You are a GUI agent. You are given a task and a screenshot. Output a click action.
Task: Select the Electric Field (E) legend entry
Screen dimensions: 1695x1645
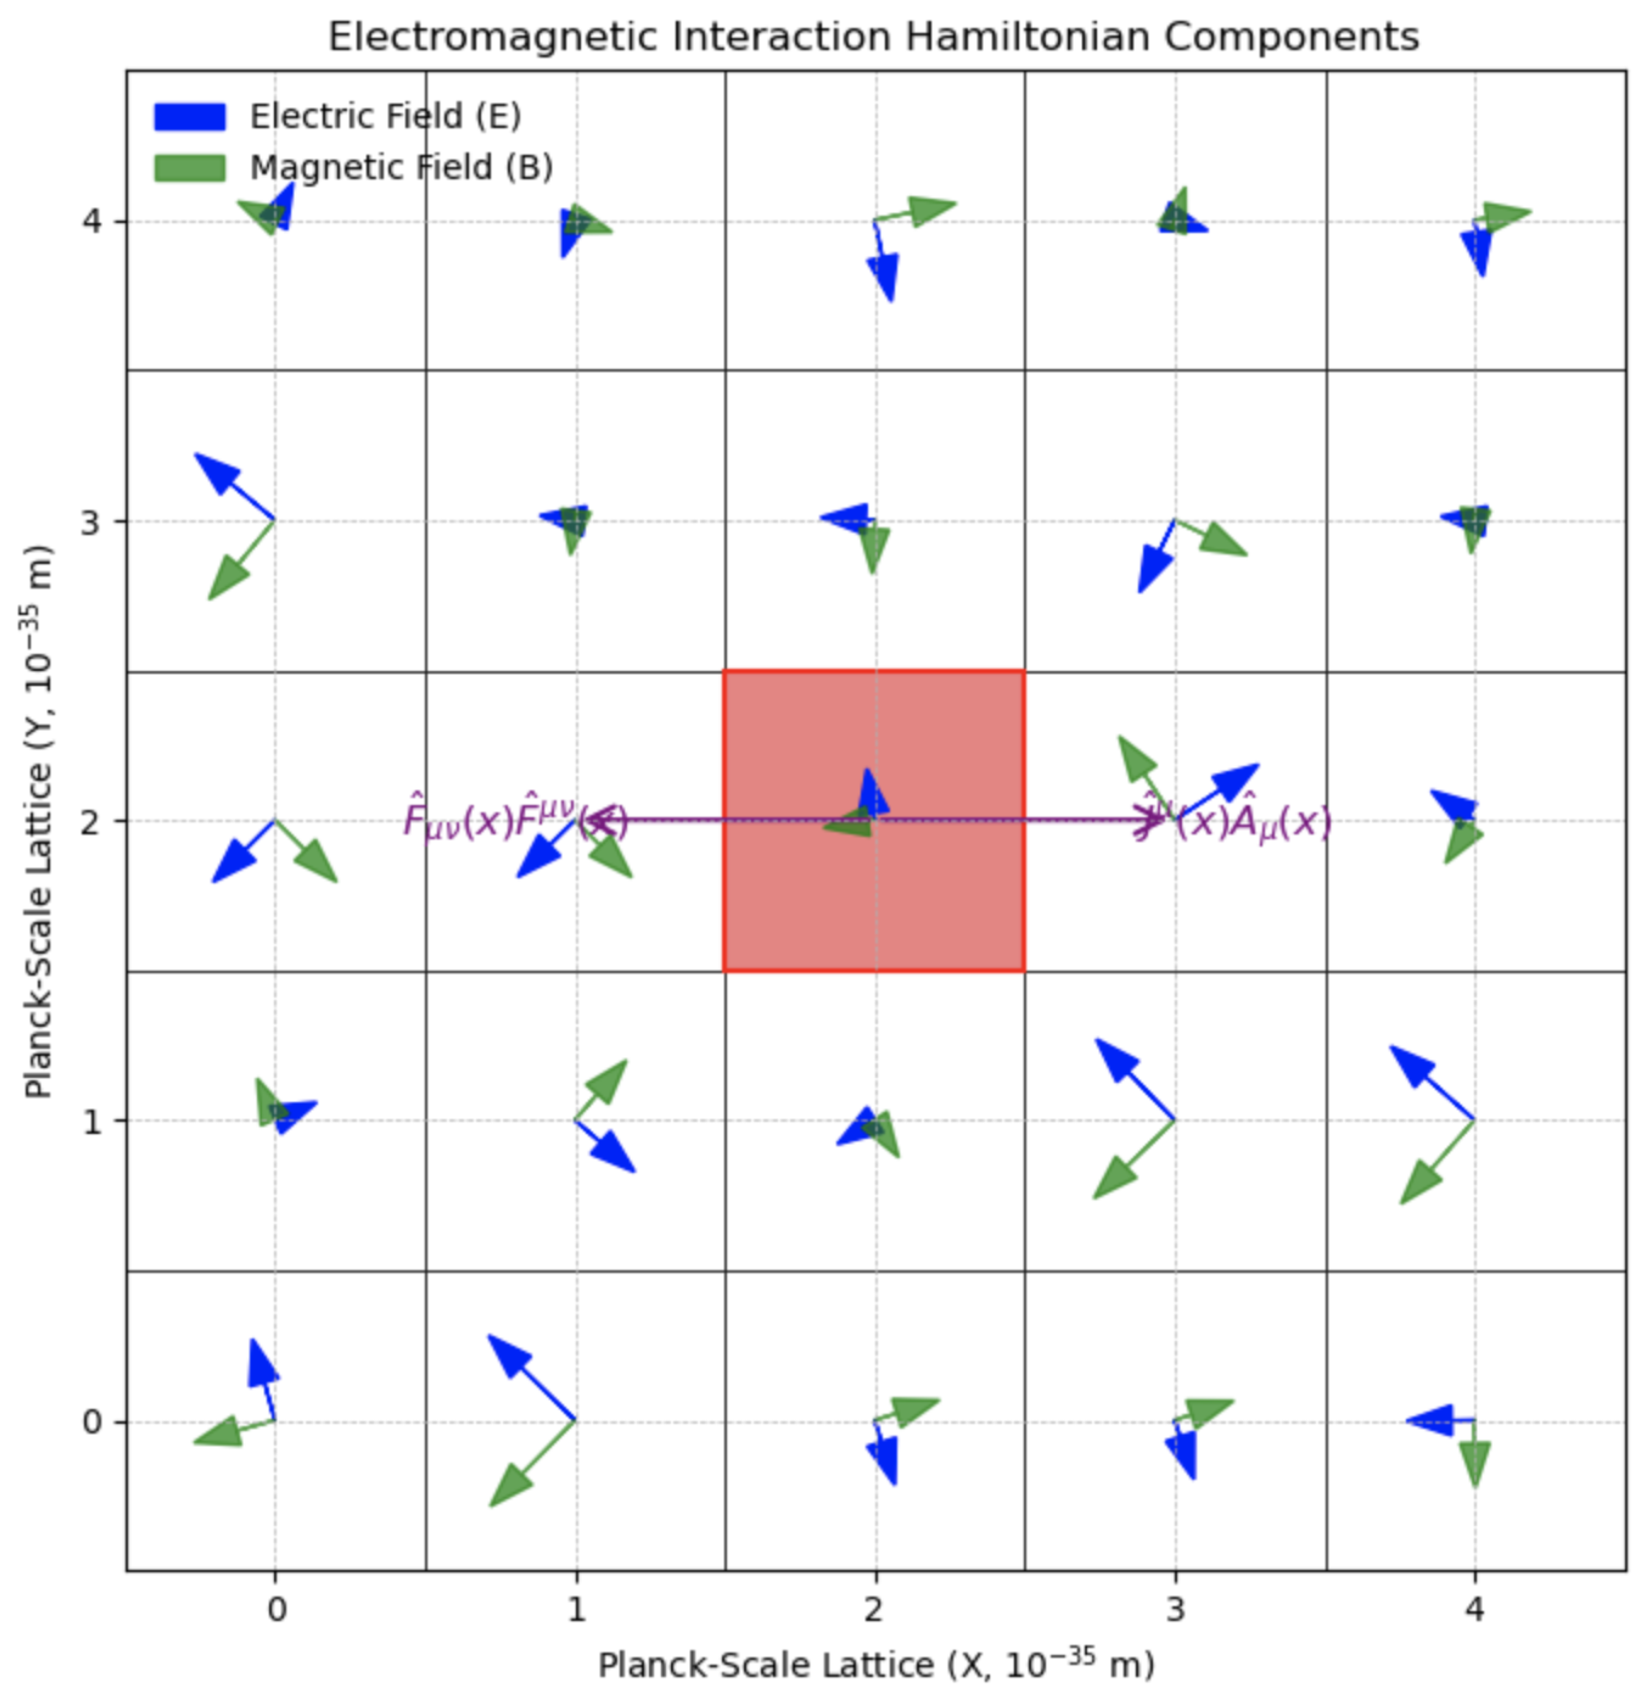coord(385,116)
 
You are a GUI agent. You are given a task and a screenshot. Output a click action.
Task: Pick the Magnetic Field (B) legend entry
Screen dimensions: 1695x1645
coord(400,167)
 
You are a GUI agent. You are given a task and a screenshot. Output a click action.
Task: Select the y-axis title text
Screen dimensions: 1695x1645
coord(38,821)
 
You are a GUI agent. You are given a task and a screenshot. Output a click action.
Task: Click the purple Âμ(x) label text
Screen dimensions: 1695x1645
coord(1254,821)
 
